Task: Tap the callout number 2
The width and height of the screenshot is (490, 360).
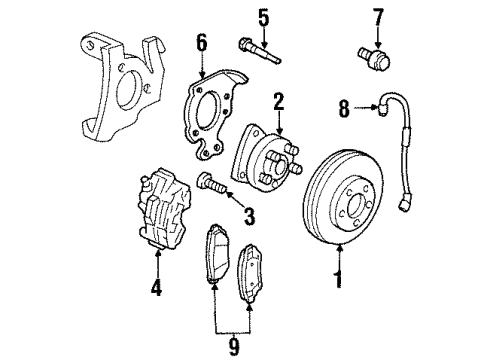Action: (280, 100)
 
